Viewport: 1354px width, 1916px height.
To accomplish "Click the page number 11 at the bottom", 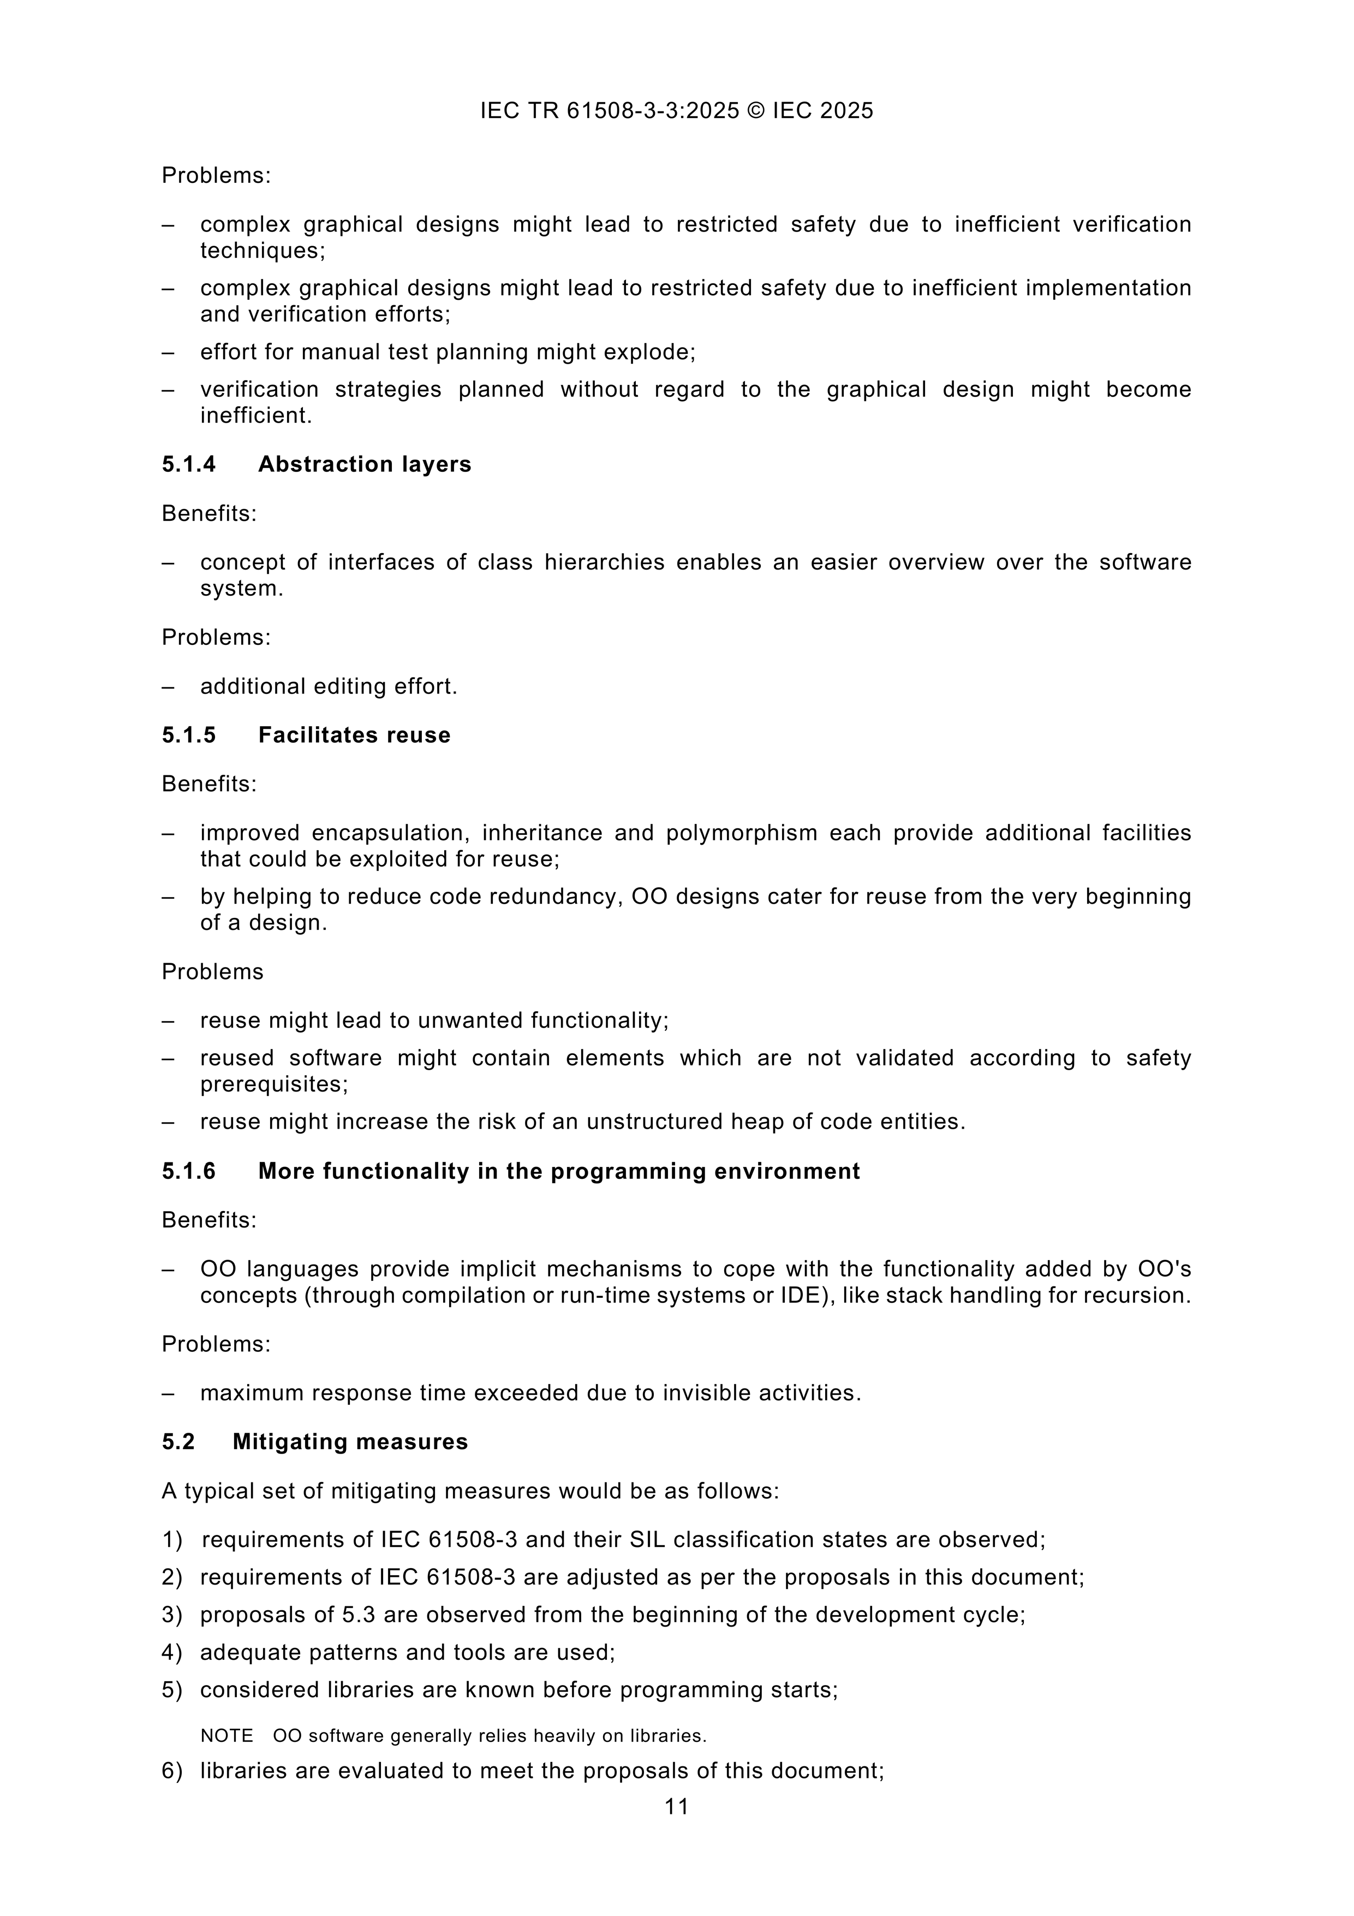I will [677, 1807].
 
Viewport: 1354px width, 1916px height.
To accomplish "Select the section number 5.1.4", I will [188, 464].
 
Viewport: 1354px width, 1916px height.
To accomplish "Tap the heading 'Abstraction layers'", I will [365, 464].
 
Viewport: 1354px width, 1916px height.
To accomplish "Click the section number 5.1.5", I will [188, 735].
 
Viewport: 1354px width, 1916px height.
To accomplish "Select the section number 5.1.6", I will [188, 1172].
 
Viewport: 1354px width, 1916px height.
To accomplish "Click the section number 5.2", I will [178, 1442].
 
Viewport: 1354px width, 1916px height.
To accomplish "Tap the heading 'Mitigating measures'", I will [350, 1442].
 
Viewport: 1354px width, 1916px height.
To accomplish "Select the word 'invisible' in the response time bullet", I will [712, 1393].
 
